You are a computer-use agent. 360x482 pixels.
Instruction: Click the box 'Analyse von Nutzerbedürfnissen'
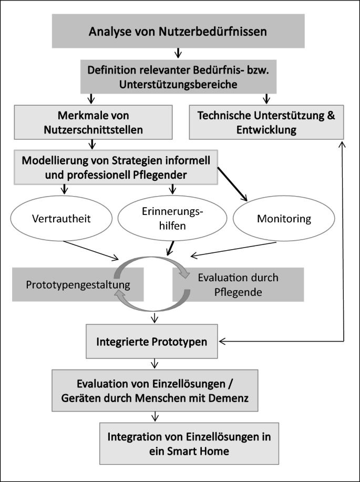(x=178, y=32)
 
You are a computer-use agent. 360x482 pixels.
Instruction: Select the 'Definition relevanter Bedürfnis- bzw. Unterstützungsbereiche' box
(x=178, y=77)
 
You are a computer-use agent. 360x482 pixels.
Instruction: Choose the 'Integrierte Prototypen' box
(x=152, y=342)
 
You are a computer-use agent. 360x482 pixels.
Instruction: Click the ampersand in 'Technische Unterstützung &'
(x=330, y=115)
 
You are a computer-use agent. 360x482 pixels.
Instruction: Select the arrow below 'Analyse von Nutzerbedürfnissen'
(x=178, y=53)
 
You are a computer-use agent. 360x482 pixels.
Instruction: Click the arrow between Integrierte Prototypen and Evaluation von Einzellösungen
(x=154, y=363)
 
